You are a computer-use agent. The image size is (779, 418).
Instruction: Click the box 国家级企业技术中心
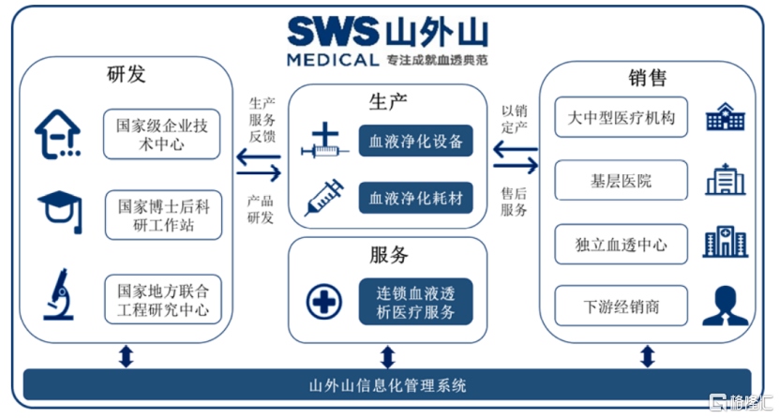click(161, 134)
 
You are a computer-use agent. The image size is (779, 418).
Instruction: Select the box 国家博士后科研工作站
click(163, 215)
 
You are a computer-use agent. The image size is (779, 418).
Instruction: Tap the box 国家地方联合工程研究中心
click(163, 299)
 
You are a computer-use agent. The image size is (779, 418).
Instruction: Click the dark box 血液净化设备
click(416, 141)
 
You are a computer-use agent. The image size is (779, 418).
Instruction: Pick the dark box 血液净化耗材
click(416, 198)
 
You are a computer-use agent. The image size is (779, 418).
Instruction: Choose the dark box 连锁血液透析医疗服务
click(416, 302)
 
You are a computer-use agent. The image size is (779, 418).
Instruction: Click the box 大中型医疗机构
click(621, 117)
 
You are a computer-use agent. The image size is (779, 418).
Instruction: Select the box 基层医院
click(621, 180)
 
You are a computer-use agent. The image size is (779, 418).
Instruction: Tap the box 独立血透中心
click(621, 244)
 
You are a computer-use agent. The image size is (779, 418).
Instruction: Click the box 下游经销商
click(621, 306)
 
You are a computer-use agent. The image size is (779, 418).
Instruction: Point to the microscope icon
click(59, 294)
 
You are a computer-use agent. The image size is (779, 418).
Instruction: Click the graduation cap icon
click(61, 212)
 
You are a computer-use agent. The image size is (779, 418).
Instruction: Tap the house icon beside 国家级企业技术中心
click(57, 134)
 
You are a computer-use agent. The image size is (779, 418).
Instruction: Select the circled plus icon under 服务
click(324, 302)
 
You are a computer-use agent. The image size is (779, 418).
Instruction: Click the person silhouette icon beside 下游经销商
click(725, 306)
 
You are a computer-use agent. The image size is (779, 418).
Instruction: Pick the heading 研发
click(127, 74)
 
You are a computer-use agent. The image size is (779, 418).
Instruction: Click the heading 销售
click(648, 78)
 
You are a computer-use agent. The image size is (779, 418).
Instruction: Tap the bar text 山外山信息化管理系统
click(387, 385)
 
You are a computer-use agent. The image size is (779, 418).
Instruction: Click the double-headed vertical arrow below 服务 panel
click(387, 357)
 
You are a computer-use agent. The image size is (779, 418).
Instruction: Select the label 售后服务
click(514, 202)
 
